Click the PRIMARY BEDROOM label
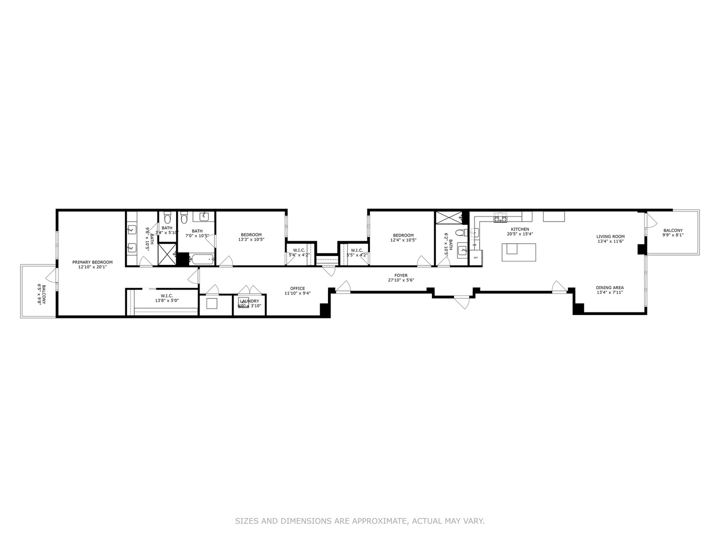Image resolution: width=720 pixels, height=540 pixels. click(92, 262)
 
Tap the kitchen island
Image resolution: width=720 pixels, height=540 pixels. click(519, 252)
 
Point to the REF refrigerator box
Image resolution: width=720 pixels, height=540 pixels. click(475, 257)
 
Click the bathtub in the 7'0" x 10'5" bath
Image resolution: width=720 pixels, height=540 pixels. click(202, 259)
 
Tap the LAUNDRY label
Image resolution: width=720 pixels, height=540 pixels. click(249, 301)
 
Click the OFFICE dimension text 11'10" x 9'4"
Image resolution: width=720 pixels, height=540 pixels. click(297, 293)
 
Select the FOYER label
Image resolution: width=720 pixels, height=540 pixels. click(401, 275)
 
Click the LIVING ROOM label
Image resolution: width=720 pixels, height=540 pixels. click(610, 236)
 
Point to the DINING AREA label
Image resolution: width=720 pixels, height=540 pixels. click(609, 287)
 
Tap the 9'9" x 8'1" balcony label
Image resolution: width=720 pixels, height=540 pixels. click(672, 235)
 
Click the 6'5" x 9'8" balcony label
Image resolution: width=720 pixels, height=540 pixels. click(41, 295)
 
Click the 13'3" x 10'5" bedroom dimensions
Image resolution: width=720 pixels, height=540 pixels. click(251, 239)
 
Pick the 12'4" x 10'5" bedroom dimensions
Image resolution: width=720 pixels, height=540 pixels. click(403, 240)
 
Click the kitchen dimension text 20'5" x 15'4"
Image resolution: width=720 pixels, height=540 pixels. click(520, 234)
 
